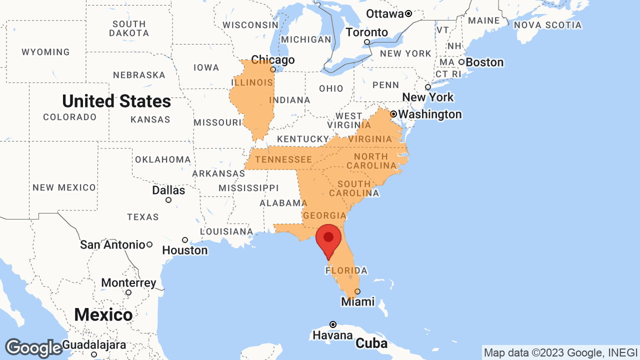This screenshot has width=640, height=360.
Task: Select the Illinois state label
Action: pyautogui.click(x=252, y=82)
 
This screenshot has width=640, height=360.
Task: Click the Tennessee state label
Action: pyautogui.click(x=283, y=159)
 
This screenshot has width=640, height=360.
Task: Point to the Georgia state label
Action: pyautogui.click(x=324, y=215)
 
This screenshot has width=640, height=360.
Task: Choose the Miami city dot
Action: pyautogui.click(x=357, y=291)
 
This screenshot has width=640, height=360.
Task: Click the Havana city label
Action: pyautogui.click(x=333, y=335)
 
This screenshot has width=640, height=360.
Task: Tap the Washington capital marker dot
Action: pyautogui.click(x=393, y=114)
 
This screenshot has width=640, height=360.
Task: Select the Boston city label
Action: pyautogui.click(x=484, y=62)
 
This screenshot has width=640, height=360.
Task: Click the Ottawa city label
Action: pyautogui.click(x=384, y=13)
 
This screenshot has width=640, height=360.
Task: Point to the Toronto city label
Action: pyautogui.click(x=366, y=32)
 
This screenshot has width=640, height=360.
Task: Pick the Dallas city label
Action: pyautogui.click(x=168, y=190)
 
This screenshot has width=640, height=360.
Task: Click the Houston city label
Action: pyautogui.click(x=185, y=250)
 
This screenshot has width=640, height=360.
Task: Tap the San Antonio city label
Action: pyautogui.click(x=112, y=245)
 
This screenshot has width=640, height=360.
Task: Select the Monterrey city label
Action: pyautogui.click(x=128, y=283)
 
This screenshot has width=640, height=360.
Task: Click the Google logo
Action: pyautogui.click(x=33, y=348)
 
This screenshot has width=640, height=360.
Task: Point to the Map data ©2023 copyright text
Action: pyautogui.click(x=560, y=352)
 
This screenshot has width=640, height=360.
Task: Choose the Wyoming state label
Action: pyautogui.click(x=45, y=52)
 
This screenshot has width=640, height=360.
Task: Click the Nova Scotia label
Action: pyautogui.click(x=547, y=25)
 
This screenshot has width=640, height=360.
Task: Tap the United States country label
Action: pyautogui.click(x=116, y=101)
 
